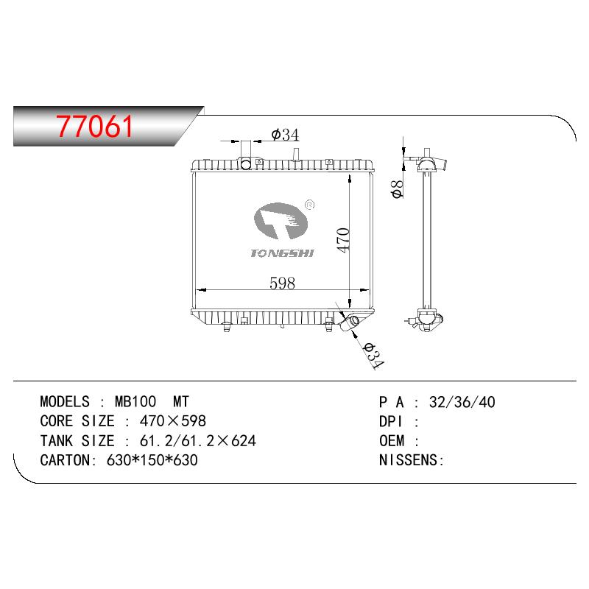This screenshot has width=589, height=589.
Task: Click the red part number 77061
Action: click(95, 126)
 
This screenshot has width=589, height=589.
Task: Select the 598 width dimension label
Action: click(282, 283)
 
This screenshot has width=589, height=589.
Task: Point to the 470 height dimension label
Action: click(343, 240)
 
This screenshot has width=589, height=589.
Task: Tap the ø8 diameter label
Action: click(397, 189)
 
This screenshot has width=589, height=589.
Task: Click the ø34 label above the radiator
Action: click(285, 135)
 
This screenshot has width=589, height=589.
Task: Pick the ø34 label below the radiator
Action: click(373, 356)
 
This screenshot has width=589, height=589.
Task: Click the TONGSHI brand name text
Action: click(282, 253)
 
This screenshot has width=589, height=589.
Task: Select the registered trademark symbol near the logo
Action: click(310, 205)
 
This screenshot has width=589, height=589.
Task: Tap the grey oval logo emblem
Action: click(281, 222)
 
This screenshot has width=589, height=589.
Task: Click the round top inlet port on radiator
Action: click(246, 163)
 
